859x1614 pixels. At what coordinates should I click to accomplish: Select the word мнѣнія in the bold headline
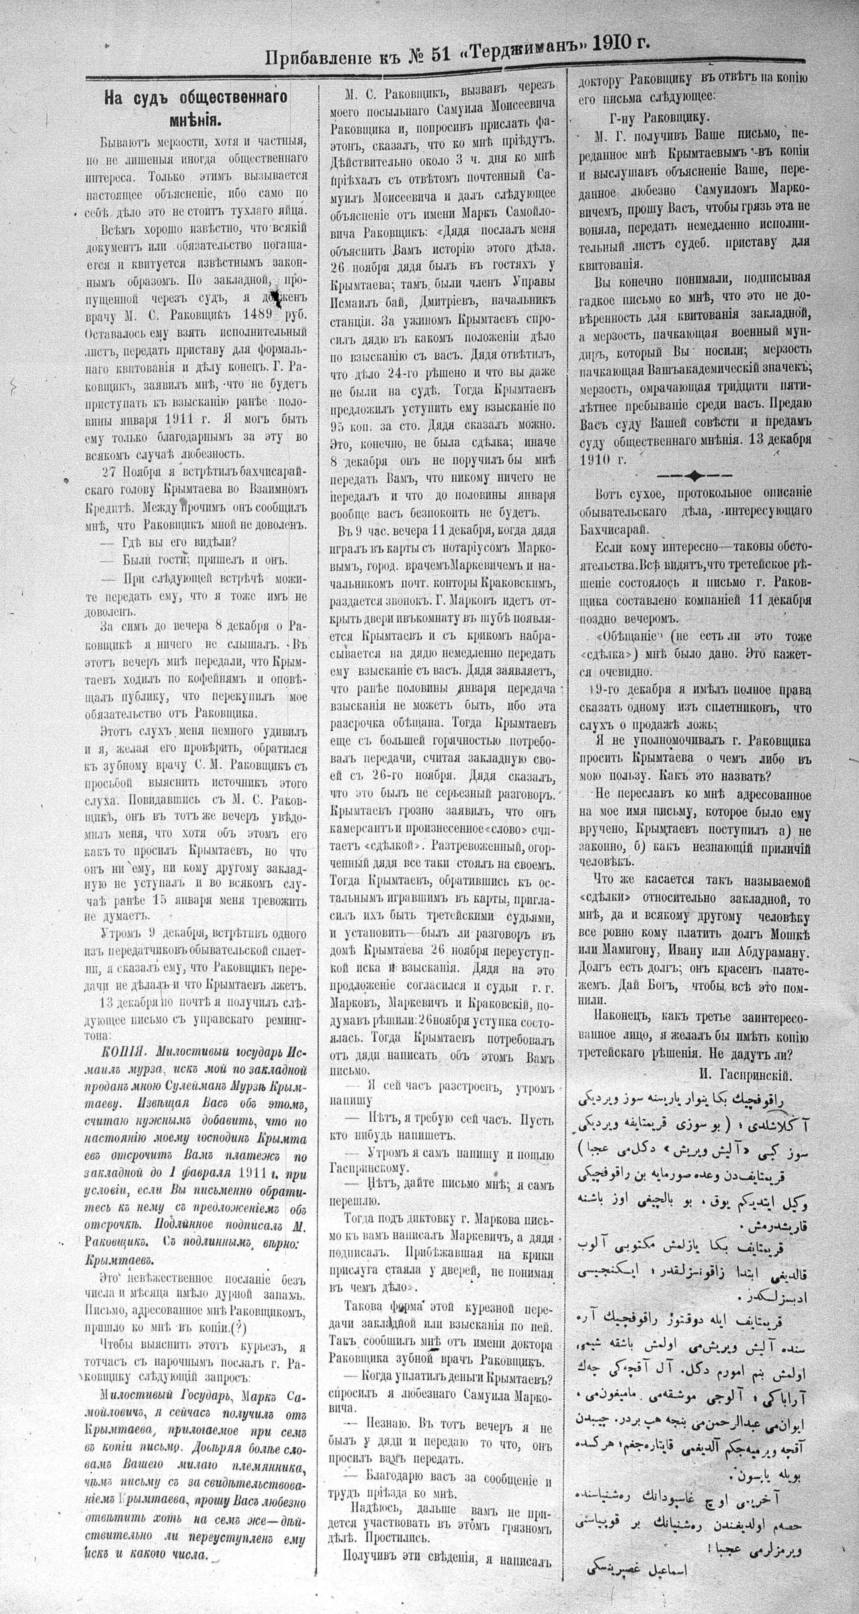(x=195, y=117)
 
